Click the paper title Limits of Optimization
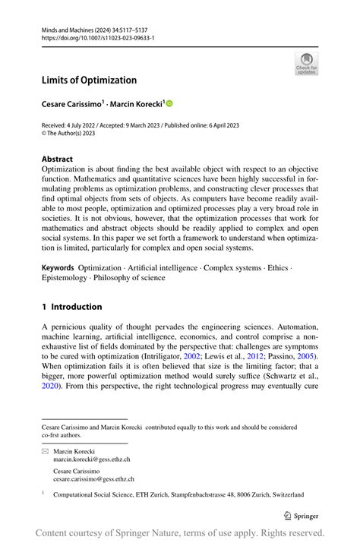pos(89,80)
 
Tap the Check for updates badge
pos(306,63)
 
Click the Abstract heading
pos(58,159)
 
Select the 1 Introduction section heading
pos(71,307)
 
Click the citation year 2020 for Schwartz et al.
pos(50,386)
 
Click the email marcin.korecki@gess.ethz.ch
pos(91,459)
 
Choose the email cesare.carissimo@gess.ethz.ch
pos(93,479)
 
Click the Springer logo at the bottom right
pos(303,515)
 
